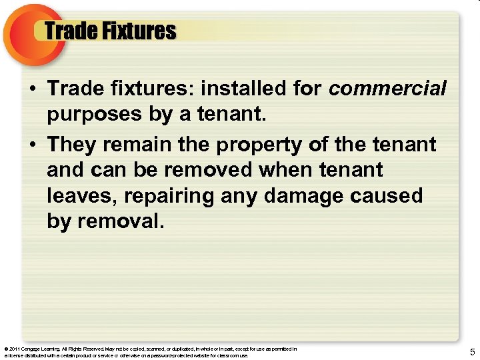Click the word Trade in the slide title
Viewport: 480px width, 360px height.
pyautogui.click(x=69, y=31)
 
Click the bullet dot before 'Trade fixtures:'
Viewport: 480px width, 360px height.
pyautogui.click(x=33, y=89)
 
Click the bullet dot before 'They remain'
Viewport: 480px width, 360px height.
pyautogui.click(x=33, y=143)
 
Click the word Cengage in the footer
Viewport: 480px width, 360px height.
pyautogui.click(x=31, y=349)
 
